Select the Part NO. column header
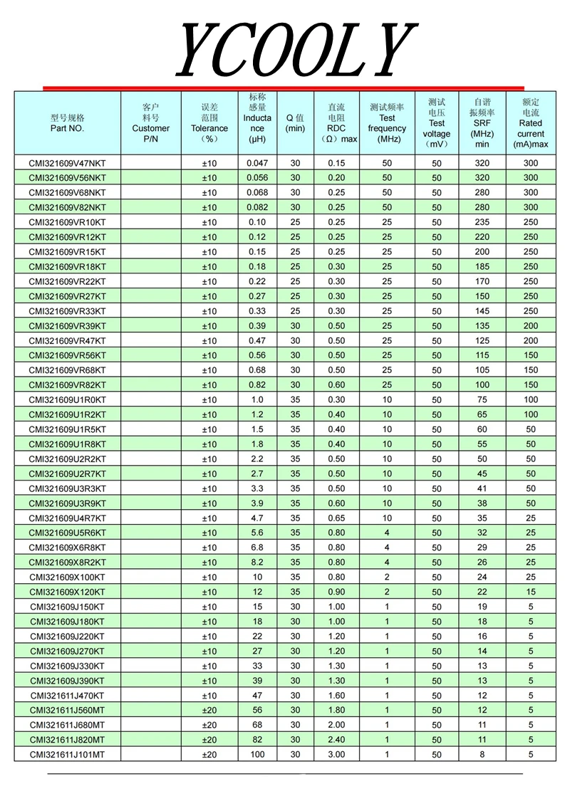tap(67, 123)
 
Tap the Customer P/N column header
tap(150, 123)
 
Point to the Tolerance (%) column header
tap(209, 123)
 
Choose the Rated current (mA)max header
tap(531, 123)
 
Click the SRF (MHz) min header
tap(482, 123)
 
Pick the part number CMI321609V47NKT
tap(67, 163)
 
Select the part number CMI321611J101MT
tap(67, 754)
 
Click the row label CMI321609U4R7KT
tap(67, 518)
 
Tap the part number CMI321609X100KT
tap(67, 577)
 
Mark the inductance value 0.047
tap(257, 163)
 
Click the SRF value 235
tap(482, 222)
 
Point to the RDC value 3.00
tap(336, 754)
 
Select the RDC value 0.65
tap(336, 518)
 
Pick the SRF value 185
tap(482, 266)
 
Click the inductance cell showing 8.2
tap(257, 562)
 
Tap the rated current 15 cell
tap(531, 592)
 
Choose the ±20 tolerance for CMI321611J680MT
tap(209, 725)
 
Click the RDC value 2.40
tap(336, 740)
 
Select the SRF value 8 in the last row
tap(482, 754)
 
